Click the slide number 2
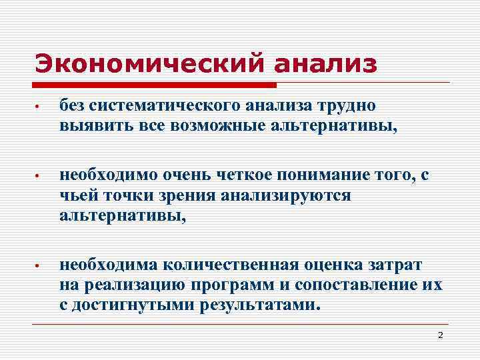click(x=440, y=335)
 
